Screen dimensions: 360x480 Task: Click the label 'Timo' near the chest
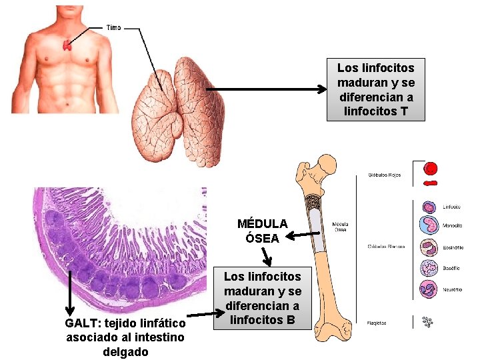(x=114, y=28)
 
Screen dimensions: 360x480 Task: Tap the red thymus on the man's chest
(x=67, y=45)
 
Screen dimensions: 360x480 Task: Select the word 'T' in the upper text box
(x=404, y=111)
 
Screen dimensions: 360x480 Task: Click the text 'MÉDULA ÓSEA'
(x=262, y=231)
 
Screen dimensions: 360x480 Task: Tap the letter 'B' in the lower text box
(x=290, y=320)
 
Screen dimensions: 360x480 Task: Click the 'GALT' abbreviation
(x=80, y=323)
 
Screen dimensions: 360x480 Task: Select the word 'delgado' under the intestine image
(x=125, y=351)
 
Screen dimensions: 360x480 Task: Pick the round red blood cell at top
(x=431, y=168)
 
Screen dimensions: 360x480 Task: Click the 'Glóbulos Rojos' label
(x=385, y=176)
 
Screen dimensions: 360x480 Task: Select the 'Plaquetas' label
(x=377, y=323)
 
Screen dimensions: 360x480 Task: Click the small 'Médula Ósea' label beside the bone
(x=340, y=227)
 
